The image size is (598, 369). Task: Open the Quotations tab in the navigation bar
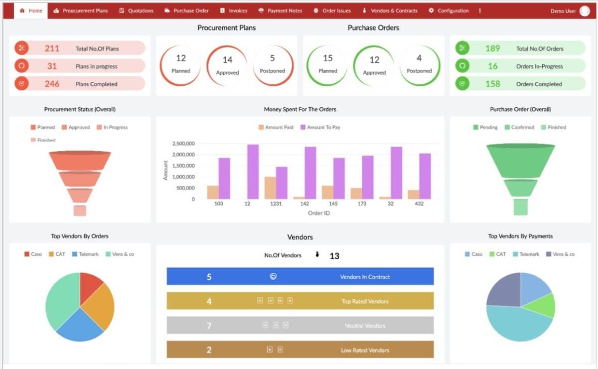(137, 10)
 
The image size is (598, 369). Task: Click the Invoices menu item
(234, 10)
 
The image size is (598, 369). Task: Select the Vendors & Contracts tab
(390, 10)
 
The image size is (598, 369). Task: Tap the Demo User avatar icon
(584, 11)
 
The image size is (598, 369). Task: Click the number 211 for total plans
(52, 48)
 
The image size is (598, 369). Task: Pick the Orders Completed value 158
(492, 84)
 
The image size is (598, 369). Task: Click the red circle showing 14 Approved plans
(227, 65)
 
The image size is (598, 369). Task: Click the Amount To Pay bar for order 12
(253, 172)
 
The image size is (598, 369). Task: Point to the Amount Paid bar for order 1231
(270, 187)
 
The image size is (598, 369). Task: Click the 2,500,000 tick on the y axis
(183, 144)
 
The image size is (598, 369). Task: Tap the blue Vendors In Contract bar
(300, 276)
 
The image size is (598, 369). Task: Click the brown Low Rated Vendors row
(300, 350)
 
